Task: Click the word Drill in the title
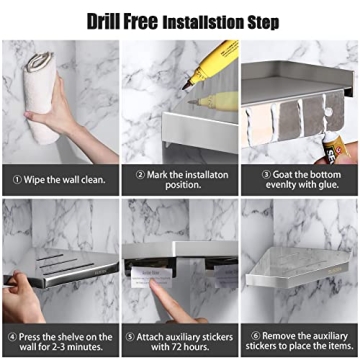coord(109,20)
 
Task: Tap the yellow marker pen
coord(211,66)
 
